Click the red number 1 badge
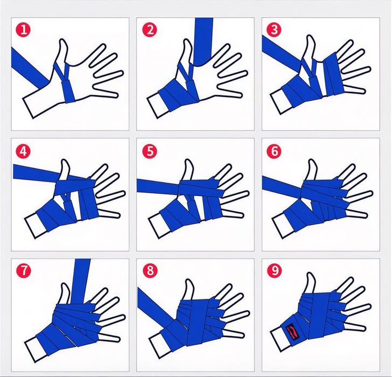tap(24, 30)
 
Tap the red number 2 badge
tap(150, 30)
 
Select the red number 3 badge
tap(274, 30)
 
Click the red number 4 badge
tap(23, 151)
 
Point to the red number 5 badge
tap(150, 151)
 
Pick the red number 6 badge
tap(274, 151)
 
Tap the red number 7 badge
tap(24, 270)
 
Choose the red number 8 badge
tap(150, 270)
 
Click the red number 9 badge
tap(275, 270)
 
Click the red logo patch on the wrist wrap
tap(292, 332)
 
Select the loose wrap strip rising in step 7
tap(81, 281)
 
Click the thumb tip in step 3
tap(310, 38)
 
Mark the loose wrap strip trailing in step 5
tap(158, 186)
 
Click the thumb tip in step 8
tap(188, 282)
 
